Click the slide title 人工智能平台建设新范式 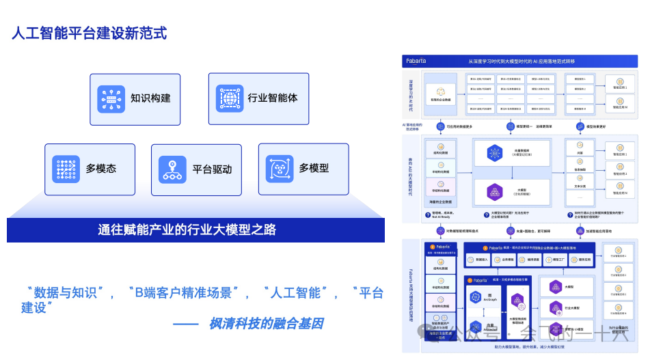coord(90,32)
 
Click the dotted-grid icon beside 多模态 coord(66,169)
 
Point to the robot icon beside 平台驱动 coord(172,169)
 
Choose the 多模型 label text coord(314,169)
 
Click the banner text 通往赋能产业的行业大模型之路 coord(187,230)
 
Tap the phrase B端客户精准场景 coord(185,293)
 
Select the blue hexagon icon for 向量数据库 coord(495,153)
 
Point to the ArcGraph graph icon coord(476,295)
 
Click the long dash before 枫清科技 coord(185,324)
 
